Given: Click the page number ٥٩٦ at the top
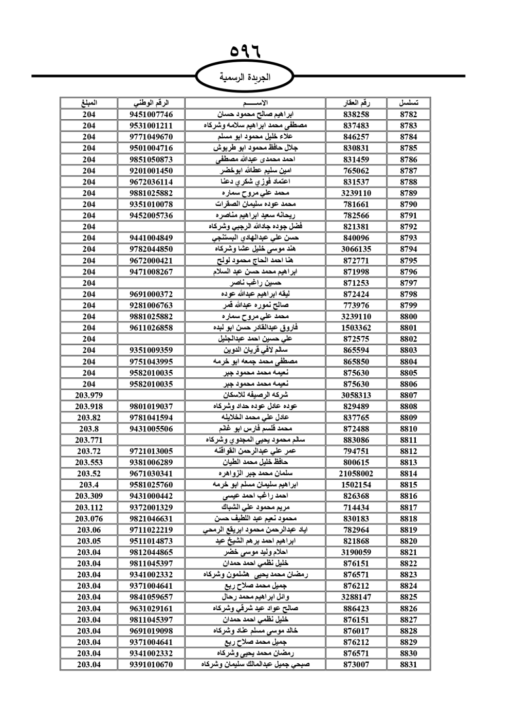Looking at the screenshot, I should [245, 51].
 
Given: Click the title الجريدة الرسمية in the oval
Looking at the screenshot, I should [245, 78].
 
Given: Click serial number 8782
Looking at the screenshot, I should [408, 115].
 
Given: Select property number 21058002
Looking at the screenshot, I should [356, 474].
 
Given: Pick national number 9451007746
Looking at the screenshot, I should [151, 115].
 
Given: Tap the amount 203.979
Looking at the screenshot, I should [89, 395].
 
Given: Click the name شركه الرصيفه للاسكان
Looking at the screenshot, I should [255, 395].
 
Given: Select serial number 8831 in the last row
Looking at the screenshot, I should [408, 665].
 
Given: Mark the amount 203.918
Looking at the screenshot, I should [89, 406].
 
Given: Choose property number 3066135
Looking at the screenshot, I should [356, 249].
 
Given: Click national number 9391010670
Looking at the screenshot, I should [151, 665].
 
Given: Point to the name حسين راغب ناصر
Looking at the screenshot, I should [255, 283].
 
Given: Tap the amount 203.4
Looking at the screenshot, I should [89, 485].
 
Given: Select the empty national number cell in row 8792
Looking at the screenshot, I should [151, 227].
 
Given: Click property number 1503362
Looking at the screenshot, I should [356, 328].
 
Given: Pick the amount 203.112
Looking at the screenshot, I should [89, 507].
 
